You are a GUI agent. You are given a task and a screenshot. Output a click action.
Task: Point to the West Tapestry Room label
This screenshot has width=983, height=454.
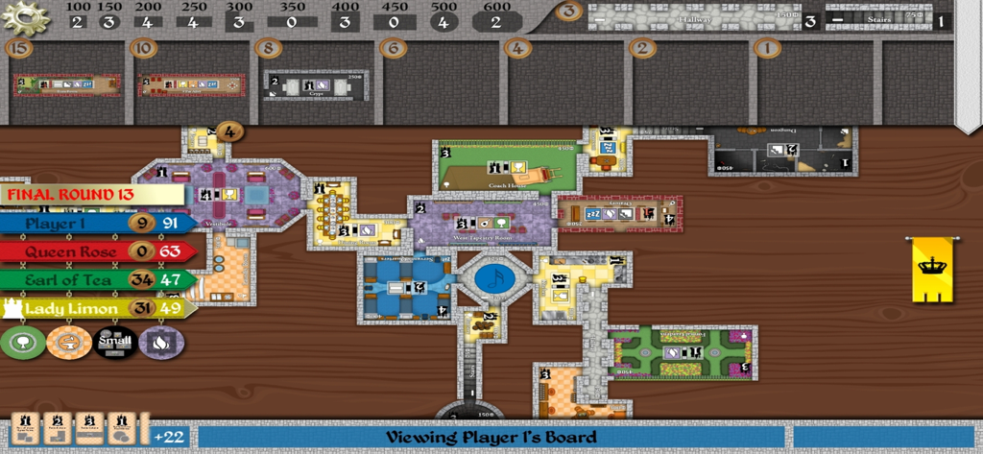[481, 236]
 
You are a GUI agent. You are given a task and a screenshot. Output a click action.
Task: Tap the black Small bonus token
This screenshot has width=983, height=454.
[115, 342]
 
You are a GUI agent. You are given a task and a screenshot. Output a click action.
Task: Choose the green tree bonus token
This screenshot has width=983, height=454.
[23, 342]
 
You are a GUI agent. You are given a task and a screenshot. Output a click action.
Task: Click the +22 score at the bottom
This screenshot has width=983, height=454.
[169, 438]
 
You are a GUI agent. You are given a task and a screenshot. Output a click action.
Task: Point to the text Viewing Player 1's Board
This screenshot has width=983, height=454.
[491, 438]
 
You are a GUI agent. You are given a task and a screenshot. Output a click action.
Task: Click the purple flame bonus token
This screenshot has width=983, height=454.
[161, 342]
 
